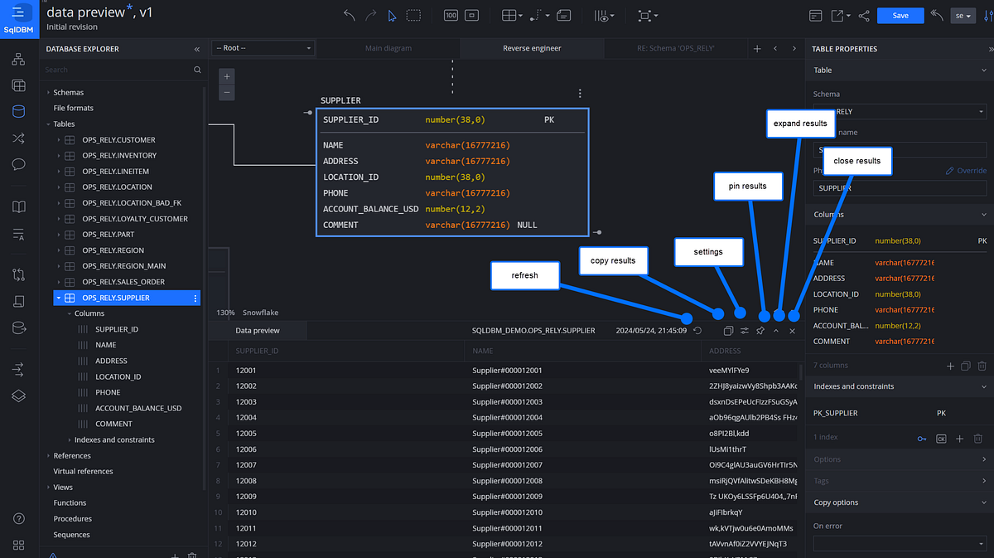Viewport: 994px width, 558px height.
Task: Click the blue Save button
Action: click(x=900, y=16)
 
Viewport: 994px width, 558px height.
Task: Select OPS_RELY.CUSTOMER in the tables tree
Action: click(x=118, y=140)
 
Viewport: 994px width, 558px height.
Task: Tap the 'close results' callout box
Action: click(x=856, y=161)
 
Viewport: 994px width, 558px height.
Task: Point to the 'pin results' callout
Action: click(x=747, y=186)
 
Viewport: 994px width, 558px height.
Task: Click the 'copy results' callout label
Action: click(x=613, y=260)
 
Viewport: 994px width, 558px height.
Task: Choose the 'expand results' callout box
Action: click(x=800, y=124)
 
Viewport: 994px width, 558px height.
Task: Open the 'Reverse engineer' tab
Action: click(x=532, y=48)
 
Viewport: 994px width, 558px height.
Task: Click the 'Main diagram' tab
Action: click(x=388, y=48)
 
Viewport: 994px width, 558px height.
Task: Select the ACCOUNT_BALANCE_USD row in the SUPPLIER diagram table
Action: click(x=370, y=209)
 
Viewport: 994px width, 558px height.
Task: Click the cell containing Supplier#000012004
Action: click(x=507, y=417)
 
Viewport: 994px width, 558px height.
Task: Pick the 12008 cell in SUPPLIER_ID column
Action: click(x=247, y=481)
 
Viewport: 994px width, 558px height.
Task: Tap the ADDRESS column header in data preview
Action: click(x=725, y=351)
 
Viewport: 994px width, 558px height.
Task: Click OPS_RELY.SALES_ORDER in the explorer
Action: click(x=123, y=282)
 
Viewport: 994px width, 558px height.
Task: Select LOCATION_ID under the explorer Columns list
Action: click(x=118, y=376)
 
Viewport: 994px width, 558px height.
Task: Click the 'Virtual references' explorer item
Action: click(x=83, y=471)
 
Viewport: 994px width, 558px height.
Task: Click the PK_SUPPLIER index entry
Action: click(x=836, y=413)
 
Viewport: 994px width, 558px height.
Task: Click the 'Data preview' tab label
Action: click(x=258, y=330)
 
